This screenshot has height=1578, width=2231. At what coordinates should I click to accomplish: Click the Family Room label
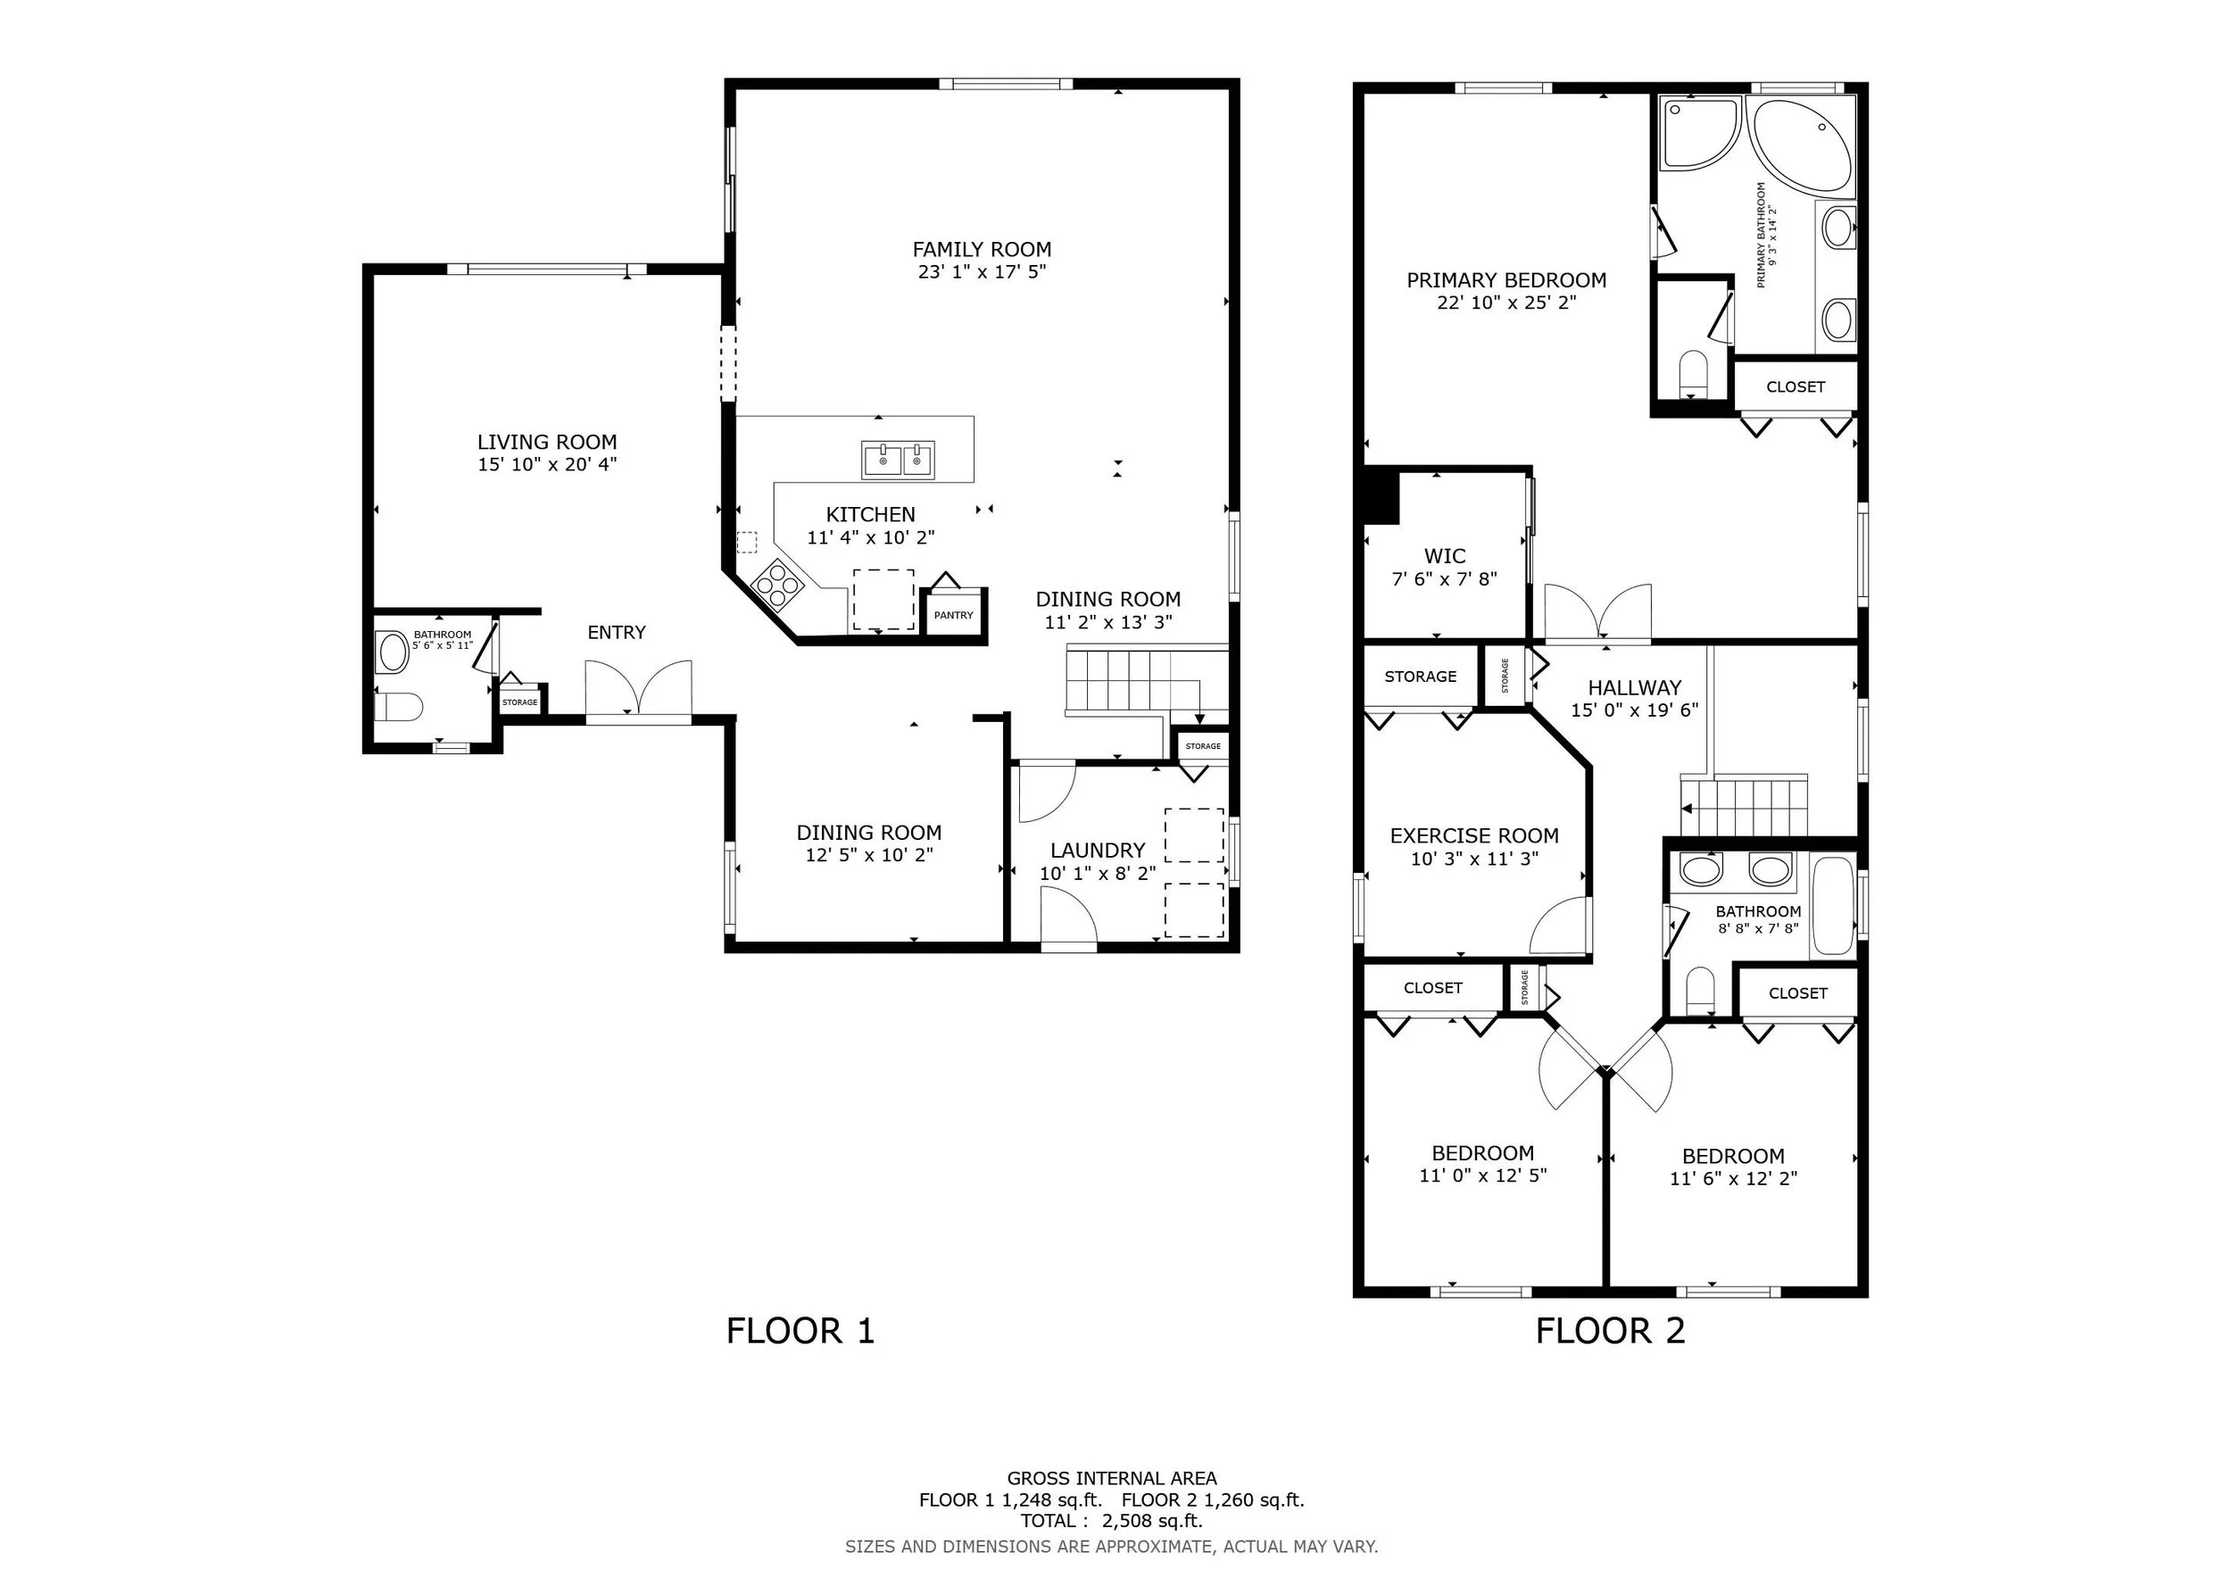coord(982,250)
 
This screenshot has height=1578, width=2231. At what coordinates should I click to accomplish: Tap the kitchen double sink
coord(898,460)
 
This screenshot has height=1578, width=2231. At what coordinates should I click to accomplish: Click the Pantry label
coord(953,615)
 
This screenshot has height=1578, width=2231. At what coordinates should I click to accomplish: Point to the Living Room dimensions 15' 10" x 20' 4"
coord(547,464)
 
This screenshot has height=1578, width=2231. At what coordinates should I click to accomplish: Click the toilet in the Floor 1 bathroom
coord(398,705)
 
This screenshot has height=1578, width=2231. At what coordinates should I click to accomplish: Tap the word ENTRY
coord(616,633)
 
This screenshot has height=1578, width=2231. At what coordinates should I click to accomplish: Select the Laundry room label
coord(1097,851)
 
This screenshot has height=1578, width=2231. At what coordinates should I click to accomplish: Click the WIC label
coord(1444,557)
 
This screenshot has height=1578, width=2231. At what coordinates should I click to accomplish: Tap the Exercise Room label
coord(1474,835)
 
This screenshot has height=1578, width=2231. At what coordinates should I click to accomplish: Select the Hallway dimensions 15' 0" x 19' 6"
coord(1634,710)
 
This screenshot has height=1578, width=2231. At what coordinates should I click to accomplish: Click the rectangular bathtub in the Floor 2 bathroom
coord(1834,906)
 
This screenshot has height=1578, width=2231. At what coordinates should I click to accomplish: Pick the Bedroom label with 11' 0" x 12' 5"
coord(1483,1153)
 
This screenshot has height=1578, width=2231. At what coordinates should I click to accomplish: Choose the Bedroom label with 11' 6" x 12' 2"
coord(1734,1157)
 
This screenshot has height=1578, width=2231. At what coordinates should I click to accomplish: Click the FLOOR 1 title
coord(800,1330)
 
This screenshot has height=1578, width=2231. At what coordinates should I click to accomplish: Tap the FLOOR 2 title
coord(1610,1330)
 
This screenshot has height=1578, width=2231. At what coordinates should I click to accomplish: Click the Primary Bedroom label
coord(1506,281)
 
